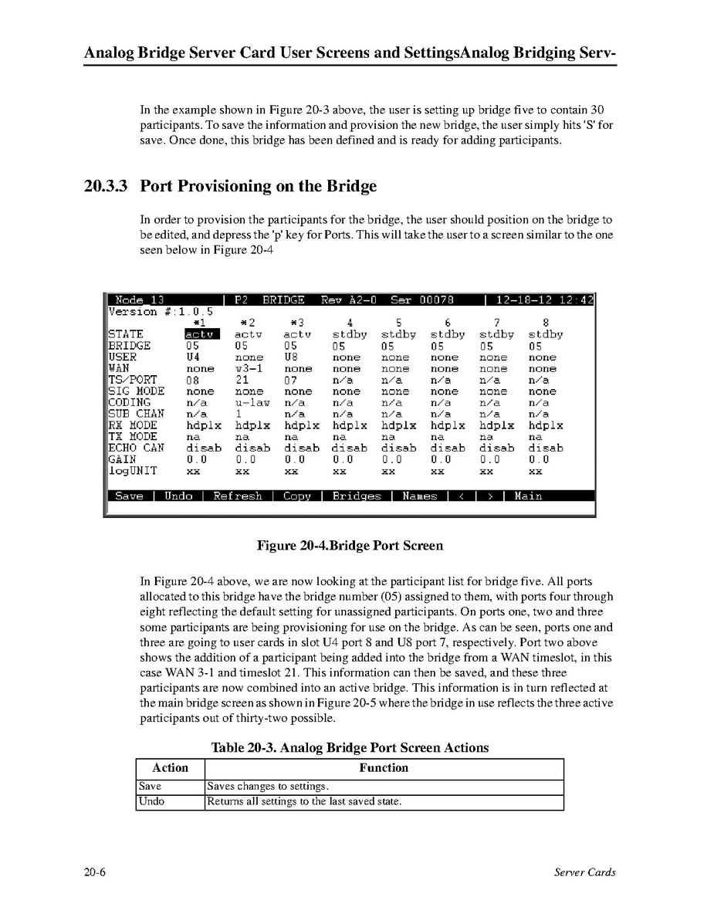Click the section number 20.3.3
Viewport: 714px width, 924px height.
point(107,186)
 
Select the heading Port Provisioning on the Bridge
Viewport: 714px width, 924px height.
point(259,186)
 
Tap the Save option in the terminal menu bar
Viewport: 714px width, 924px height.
point(129,496)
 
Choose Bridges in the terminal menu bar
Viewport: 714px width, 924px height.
point(357,496)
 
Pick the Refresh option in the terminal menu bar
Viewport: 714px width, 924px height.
point(238,496)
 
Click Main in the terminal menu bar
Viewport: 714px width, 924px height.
point(528,496)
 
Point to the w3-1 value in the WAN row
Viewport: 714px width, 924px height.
point(249,369)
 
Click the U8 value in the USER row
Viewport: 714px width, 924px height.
point(291,357)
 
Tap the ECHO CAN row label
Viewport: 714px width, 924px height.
point(137,448)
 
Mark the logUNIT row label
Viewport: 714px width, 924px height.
point(133,470)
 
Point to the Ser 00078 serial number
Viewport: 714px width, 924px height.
point(421,300)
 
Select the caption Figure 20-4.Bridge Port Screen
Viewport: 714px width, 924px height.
point(350,546)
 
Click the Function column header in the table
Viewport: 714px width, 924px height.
point(384,768)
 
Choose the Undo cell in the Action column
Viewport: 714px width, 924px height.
point(151,801)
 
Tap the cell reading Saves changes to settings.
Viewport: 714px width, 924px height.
point(268,787)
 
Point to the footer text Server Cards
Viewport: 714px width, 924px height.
point(585,872)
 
